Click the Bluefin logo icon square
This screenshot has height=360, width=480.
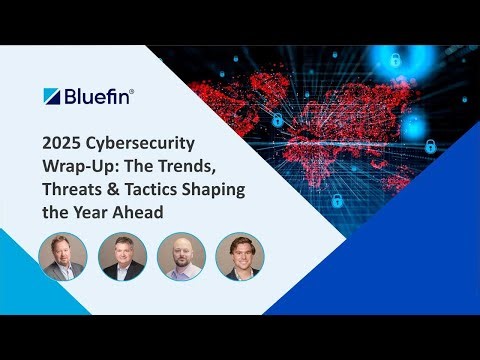pyautogui.click(x=52, y=96)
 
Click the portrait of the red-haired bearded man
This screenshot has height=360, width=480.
pyautogui.click(x=64, y=257)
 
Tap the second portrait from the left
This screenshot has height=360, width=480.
pyautogui.click(x=123, y=257)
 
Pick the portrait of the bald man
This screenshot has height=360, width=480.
pyautogui.click(x=181, y=257)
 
